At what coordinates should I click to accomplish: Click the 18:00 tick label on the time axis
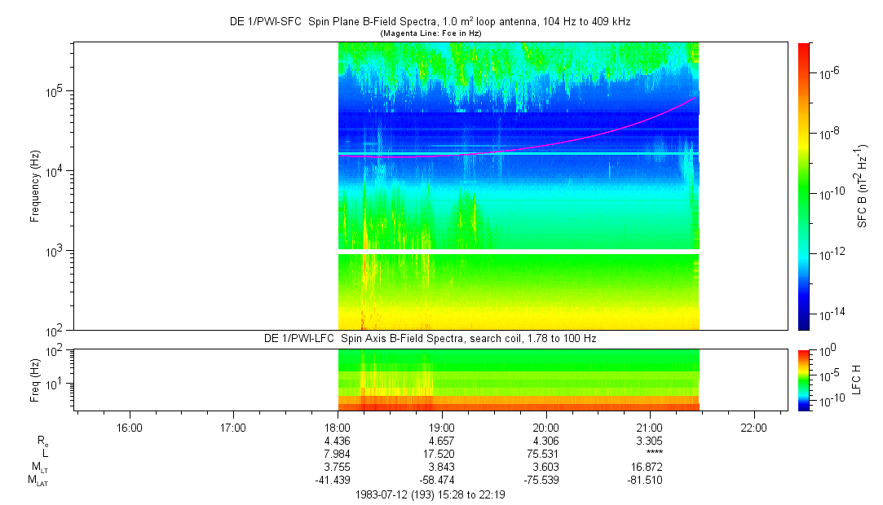pos(338,427)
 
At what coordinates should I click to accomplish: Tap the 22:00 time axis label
pos(753,427)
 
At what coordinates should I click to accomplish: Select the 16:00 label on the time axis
pos(130,427)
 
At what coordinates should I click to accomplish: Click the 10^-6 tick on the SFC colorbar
pos(828,74)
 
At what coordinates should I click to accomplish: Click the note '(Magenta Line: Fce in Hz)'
pos(430,33)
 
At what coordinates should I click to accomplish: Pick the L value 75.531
pos(545,454)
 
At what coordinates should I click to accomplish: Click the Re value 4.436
pos(337,441)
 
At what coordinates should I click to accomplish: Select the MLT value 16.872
pos(649,467)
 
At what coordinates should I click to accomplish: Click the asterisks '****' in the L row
pos(649,455)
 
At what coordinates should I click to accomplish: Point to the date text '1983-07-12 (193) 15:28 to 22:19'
pos(430,494)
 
